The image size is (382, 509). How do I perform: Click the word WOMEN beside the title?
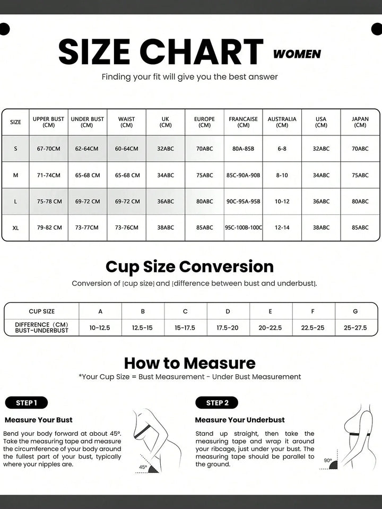click(297, 54)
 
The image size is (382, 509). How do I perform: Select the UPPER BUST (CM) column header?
click(48, 122)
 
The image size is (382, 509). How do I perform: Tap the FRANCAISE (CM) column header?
click(243, 122)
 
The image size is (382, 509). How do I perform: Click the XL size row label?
click(15, 228)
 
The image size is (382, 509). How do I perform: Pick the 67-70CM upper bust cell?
click(48, 149)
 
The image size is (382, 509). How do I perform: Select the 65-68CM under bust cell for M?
click(87, 175)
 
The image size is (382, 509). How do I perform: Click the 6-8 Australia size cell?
click(282, 149)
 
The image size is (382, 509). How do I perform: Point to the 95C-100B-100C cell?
click(243, 228)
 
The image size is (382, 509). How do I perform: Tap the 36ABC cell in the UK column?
click(166, 201)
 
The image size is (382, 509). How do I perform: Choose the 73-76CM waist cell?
click(126, 228)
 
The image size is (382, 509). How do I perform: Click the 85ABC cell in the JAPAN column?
click(360, 228)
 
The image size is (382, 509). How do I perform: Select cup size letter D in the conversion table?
click(228, 312)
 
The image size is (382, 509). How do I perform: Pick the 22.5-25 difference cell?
click(312, 327)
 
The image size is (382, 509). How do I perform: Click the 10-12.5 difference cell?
click(100, 327)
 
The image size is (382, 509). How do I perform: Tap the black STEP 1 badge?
click(26, 403)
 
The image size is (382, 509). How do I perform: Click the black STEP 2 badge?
click(216, 403)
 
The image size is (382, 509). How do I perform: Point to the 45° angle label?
click(143, 467)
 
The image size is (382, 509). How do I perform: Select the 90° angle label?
click(328, 460)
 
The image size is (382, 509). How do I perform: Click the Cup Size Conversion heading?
click(189, 266)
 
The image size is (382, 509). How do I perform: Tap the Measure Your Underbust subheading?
click(240, 420)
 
